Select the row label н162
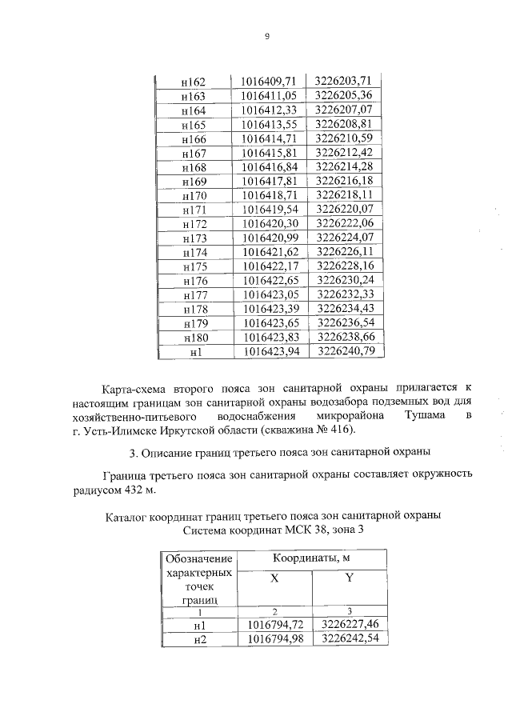tap(194, 82)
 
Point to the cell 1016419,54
tap(269, 210)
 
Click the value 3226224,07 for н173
tap(345, 238)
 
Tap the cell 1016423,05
tap(269, 294)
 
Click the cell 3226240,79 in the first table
tap(345, 350)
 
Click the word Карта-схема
tap(137, 389)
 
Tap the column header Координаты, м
tap(311, 558)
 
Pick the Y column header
tap(349, 579)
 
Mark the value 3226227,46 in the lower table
tap(349, 625)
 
